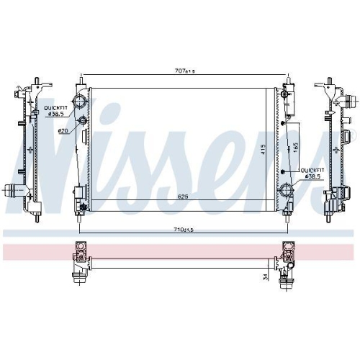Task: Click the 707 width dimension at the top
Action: coord(184,71)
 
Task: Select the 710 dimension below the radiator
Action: coord(184,230)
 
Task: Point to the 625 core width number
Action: coord(183,197)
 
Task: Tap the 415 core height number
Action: coord(263,149)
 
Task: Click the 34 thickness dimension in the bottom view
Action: coord(265,277)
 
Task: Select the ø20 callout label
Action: coord(63,131)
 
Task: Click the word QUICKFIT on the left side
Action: coord(55,108)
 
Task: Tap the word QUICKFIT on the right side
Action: coord(312,171)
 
